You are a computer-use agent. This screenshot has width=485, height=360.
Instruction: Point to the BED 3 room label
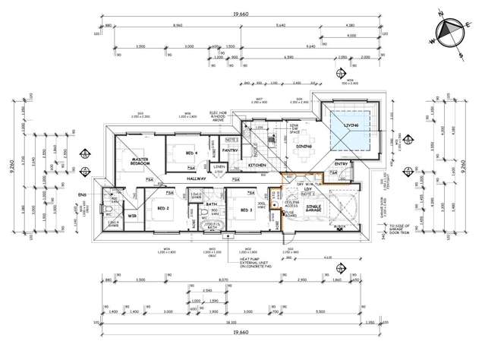click(244, 209)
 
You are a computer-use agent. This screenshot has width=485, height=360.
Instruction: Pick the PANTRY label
click(231, 150)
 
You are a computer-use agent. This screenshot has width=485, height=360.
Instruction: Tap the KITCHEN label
click(256, 165)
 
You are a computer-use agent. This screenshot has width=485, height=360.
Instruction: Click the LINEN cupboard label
click(219, 166)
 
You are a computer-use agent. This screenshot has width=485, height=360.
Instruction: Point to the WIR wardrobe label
click(132, 216)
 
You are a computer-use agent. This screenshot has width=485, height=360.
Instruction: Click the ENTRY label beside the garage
click(340, 163)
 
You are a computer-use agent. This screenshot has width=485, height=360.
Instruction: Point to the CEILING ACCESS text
click(293, 203)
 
